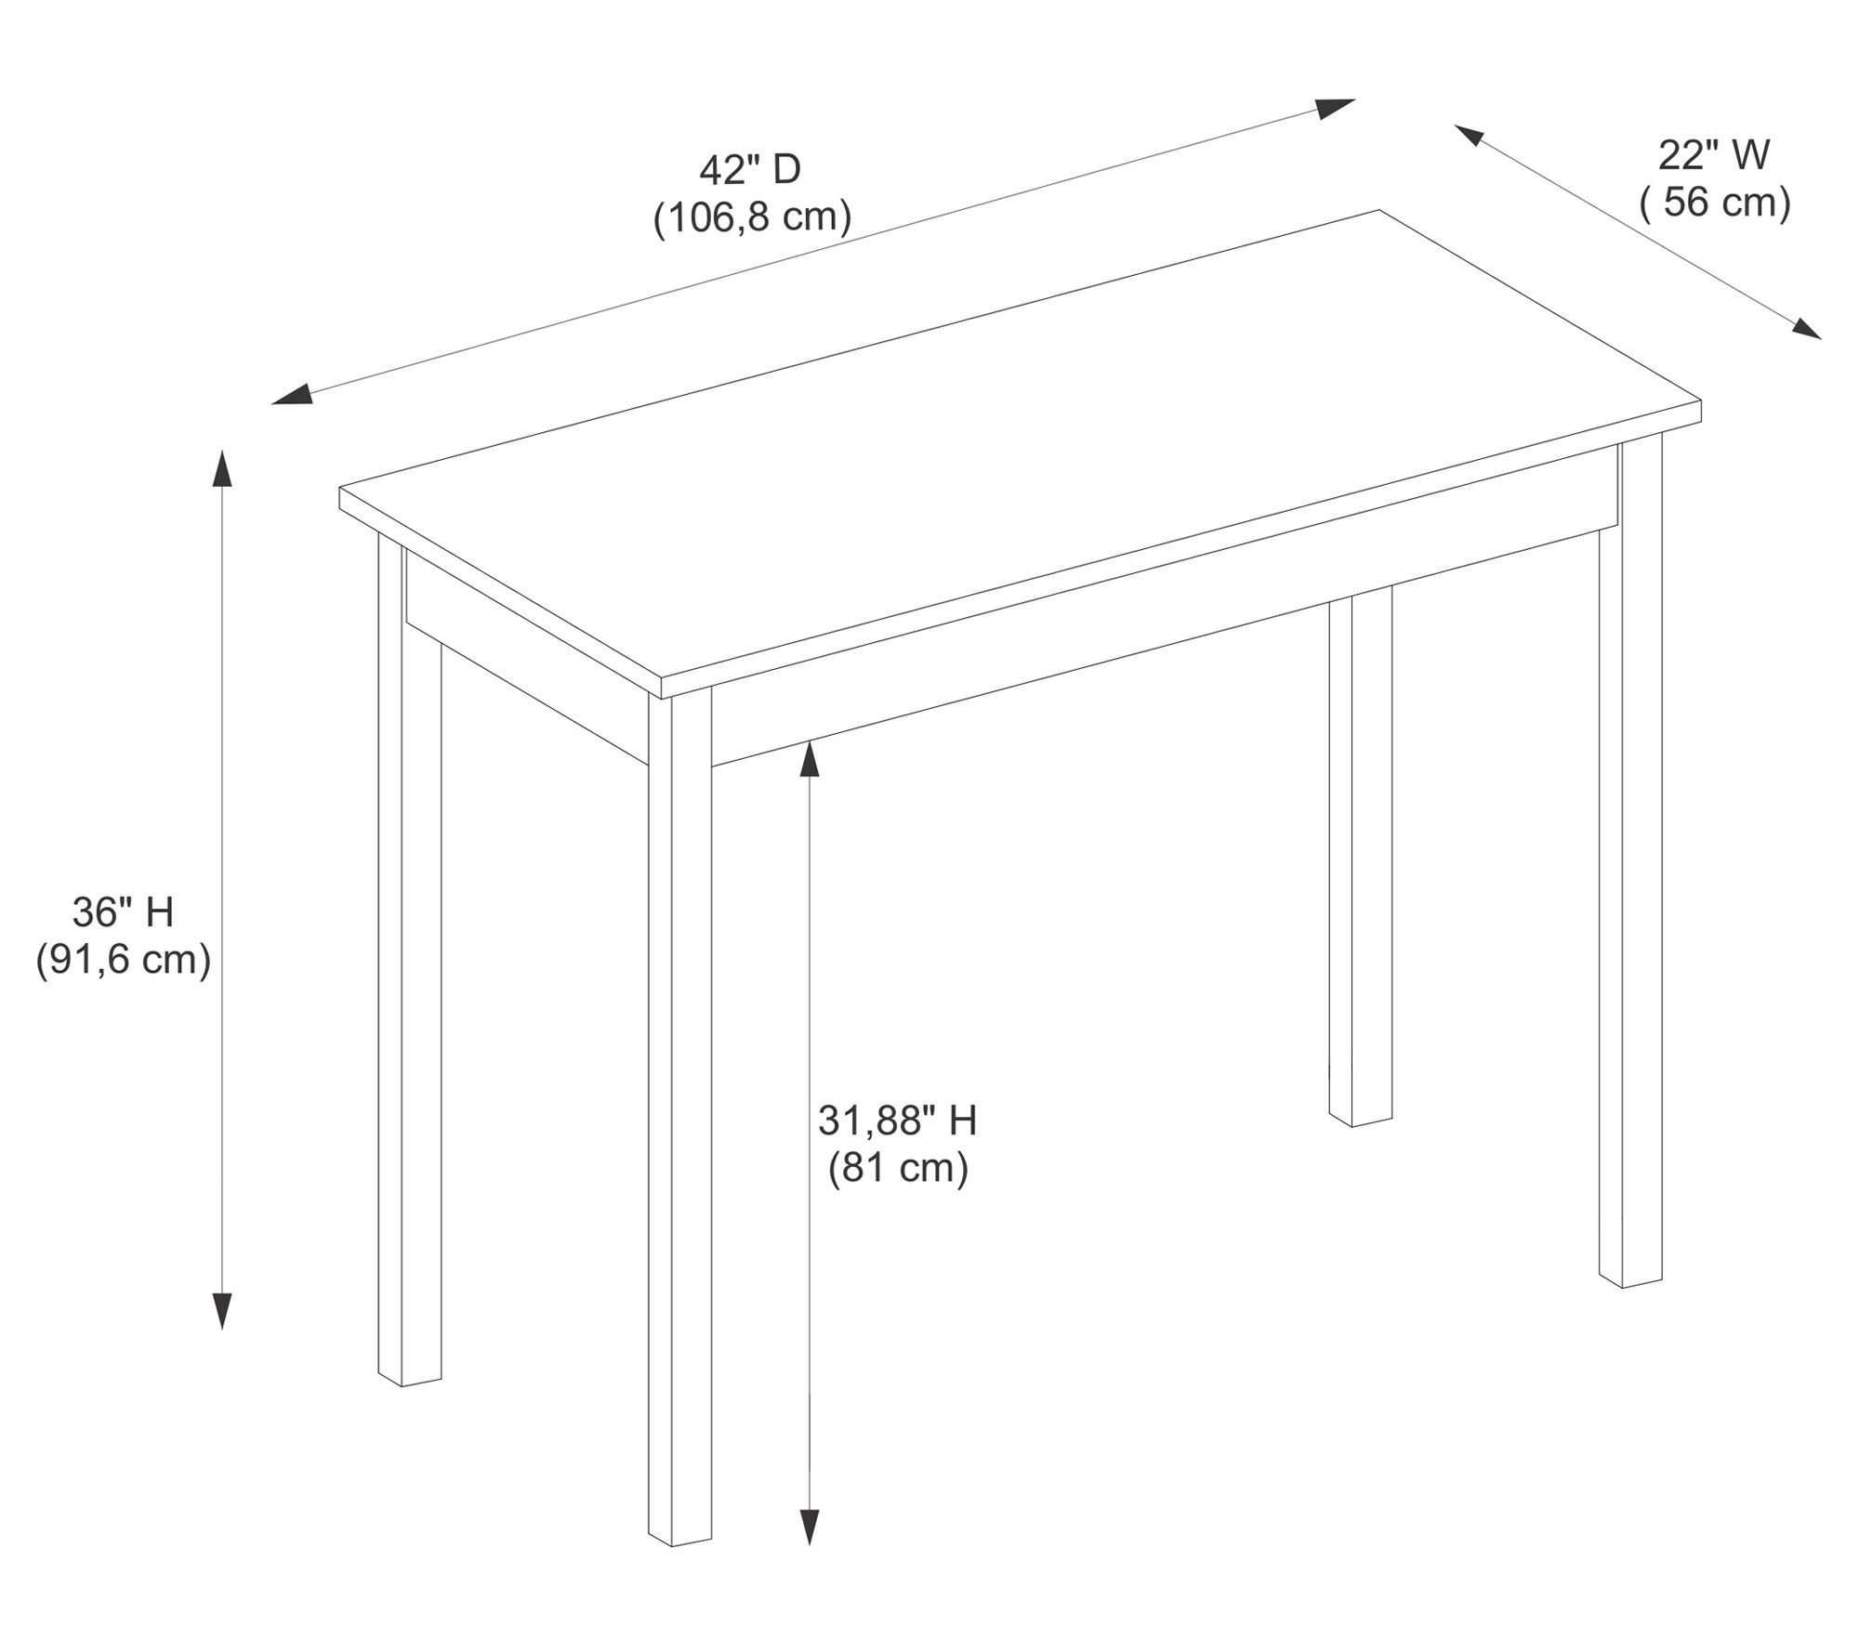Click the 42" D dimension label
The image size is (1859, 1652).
pos(749,170)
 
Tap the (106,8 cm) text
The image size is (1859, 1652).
pos(752,217)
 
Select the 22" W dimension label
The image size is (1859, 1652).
pos(1714,155)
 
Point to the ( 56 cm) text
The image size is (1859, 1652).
pos(1714,202)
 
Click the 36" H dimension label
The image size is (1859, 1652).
pos(124,912)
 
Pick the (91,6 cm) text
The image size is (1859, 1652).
pos(124,960)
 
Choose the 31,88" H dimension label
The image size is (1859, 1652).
pos(897,1121)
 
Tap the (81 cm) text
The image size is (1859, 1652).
pos(898,1168)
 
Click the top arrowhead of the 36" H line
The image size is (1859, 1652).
pos(221,468)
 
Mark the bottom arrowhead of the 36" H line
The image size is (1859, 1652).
pos(221,1310)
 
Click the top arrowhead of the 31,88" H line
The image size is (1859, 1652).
pos(810,759)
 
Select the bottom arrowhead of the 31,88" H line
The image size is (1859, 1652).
pos(810,1526)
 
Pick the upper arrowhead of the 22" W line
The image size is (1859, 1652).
pos(1471,136)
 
